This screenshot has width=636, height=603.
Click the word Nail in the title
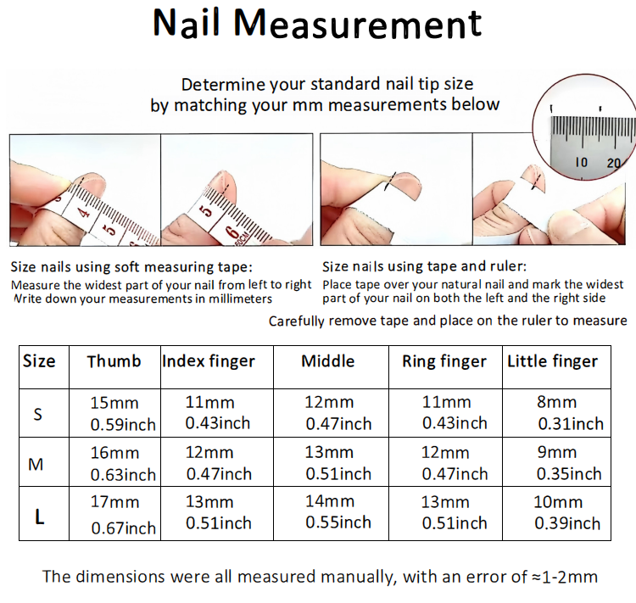pyautogui.click(x=187, y=23)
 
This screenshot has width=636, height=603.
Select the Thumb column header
pyautogui.click(x=114, y=361)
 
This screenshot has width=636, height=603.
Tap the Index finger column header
pyautogui.click(x=209, y=361)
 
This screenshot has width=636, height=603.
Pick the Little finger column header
pyautogui.click(x=552, y=361)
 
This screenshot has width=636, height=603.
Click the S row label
pyautogui.click(x=37, y=414)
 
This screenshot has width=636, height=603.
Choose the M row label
pyautogui.click(x=36, y=464)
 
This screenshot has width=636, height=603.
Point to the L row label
pyautogui.click(x=39, y=516)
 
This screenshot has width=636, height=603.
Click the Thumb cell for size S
pyautogui.click(x=123, y=414)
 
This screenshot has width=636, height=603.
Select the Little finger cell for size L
pyautogui.click(x=567, y=512)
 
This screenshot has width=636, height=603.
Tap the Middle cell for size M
pyautogui.click(x=338, y=463)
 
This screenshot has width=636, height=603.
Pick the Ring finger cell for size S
pyautogui.click(x=455, y=413)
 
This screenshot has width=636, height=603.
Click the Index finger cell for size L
pyautogui.click(x=219, y=512)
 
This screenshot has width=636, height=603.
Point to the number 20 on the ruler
pyautogui.click(x=614, y=163)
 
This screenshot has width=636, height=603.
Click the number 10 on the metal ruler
pyautogui.click(x=581, y=162)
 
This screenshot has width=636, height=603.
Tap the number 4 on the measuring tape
pyautogui.click(x=84, y=211)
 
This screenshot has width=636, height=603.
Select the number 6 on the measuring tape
pyautogui.click(x=232, y=233)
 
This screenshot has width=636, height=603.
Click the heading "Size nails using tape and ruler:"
pyautogui.click(x=424, y=266)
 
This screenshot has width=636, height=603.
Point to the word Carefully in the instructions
pyautogui.click(x=297, y=321)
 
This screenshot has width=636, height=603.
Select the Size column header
pyautogui.click(x=39, y=360)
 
